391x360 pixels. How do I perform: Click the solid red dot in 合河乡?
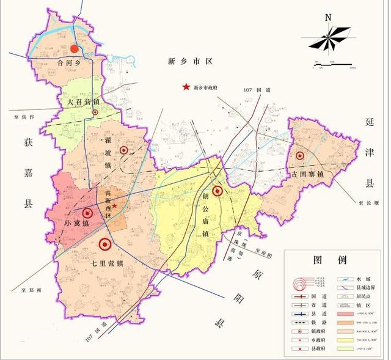pos(75,48)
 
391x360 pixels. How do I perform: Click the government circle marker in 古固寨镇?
pos(299,156)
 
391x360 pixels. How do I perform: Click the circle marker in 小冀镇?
pos(88,213)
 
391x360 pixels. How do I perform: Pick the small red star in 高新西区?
pos(114,207)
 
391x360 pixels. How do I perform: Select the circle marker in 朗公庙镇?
pos(217,191)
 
